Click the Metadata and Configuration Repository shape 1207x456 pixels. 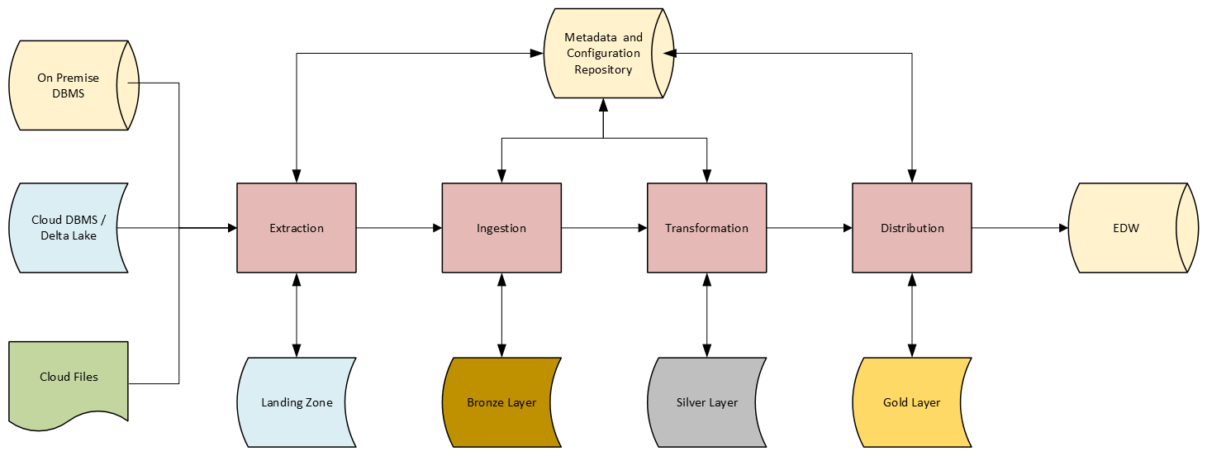pos(604,54)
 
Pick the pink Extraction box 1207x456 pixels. pos(297,228)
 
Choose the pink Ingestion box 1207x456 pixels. pos(501,228)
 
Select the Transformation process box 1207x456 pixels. pos(706,228)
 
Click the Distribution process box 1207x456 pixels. pos(912,228)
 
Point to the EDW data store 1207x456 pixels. pos(1126,228)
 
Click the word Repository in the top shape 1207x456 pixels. pos(604,69)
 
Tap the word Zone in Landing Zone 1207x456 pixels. pos(319,403)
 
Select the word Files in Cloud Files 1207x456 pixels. pos(83,377)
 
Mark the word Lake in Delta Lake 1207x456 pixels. pos(83,236)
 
